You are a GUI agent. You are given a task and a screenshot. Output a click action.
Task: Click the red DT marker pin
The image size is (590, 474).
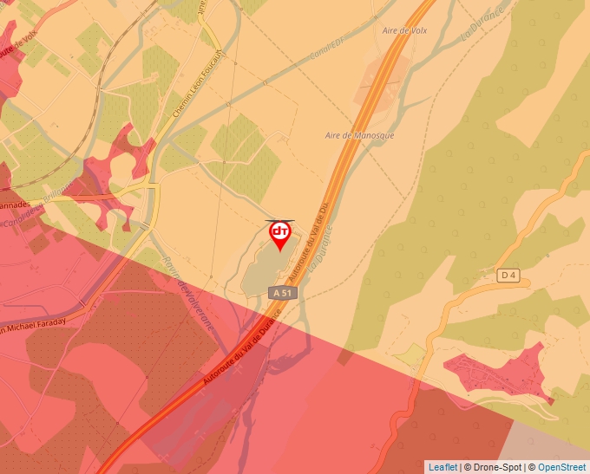(280, 235)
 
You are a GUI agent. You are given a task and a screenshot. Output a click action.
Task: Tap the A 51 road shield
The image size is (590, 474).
(284, 294)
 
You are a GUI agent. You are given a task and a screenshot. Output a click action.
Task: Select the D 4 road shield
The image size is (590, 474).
(509, 276)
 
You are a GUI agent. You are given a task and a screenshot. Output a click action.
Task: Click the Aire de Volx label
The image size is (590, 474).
(404, 30)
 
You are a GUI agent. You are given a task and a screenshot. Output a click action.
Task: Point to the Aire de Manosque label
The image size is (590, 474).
(359, 136)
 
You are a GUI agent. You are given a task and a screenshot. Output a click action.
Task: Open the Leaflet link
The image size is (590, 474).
(442, 467)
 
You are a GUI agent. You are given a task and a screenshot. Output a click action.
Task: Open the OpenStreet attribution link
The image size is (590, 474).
(561, 467)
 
